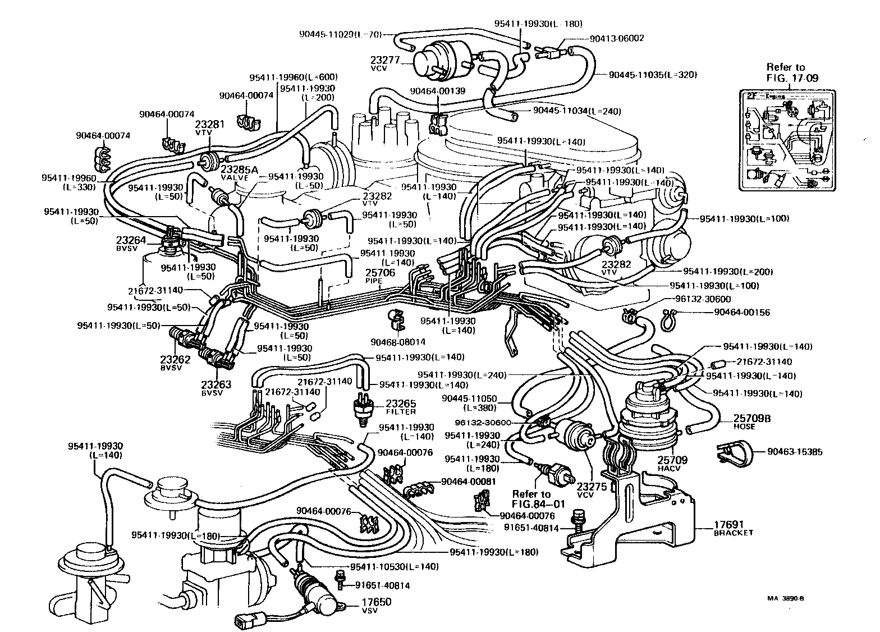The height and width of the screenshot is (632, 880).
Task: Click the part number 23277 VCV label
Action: [x=384, y=62]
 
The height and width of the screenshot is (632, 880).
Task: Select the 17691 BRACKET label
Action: [x=733, y=529]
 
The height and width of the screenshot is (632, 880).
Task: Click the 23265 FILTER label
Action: [x=401, y=407]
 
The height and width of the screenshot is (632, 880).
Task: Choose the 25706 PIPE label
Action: [x=381, y=276]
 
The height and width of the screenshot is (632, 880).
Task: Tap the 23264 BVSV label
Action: [x=131, y=243]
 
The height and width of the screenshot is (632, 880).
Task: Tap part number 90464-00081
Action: [x=469, y=481]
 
